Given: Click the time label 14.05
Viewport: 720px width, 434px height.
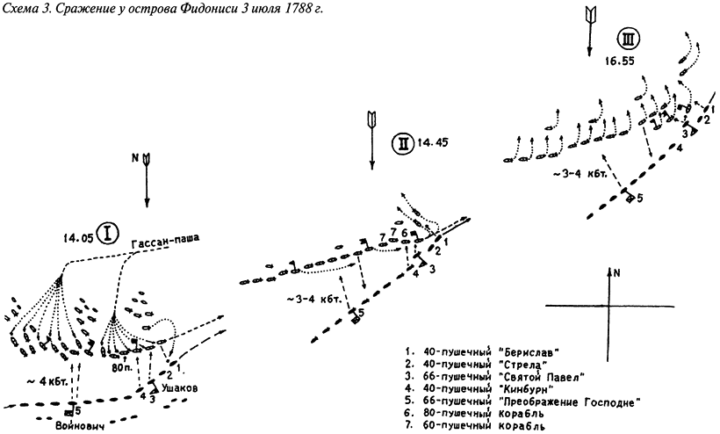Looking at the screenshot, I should coord(76,236).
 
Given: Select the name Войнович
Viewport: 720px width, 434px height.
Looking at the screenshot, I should coord(70,424).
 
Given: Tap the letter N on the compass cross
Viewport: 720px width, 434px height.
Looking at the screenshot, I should coord(618,272).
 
